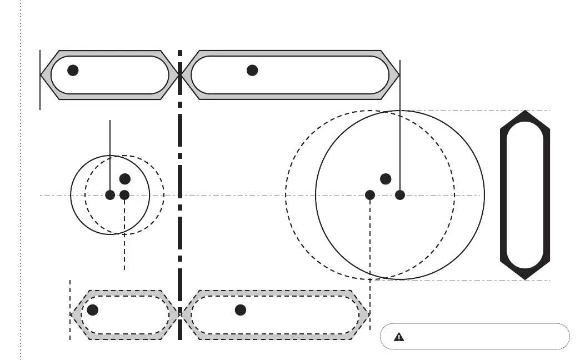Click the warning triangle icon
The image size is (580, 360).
point(399,337)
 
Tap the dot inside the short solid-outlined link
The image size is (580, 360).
point(73,70)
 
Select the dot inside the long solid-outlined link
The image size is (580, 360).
point(252,70)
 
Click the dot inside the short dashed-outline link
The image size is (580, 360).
point(93,310)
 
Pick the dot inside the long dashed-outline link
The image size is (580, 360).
point(241,310)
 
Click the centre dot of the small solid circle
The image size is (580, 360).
point(110,195)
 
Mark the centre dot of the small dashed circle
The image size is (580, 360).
point(124,195)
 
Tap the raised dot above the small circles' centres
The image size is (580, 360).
point(125,179)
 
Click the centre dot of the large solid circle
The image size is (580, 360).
point(400,195)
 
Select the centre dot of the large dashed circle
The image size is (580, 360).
point(370,195)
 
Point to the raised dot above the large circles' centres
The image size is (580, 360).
point(386,179)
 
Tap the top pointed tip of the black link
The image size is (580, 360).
point(525,111)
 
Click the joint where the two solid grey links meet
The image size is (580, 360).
point(180,74)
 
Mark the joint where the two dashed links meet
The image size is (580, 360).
point(180,314)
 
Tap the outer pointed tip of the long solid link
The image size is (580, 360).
point(399,74)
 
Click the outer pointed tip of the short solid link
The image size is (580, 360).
point(42,74)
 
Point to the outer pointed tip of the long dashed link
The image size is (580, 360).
point(368,314)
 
